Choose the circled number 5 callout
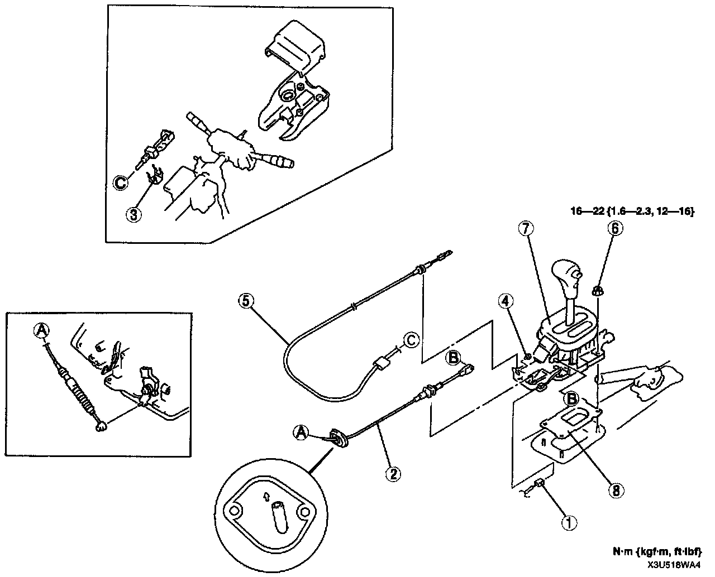coord(246,301)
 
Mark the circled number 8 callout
coord(614,490)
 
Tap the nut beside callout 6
coord(596,290)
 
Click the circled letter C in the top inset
coord(121,181)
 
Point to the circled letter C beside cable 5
coord(410,339)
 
